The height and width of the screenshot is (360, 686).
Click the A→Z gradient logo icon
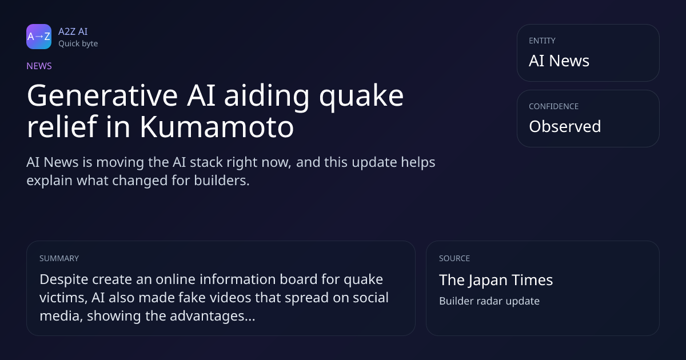[39, 37]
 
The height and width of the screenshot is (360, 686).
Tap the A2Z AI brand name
[73, 31]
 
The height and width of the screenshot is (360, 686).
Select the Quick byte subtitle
[78, 44]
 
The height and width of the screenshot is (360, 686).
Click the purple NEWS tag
[39, 66]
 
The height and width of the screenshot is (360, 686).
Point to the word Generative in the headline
[102, 95]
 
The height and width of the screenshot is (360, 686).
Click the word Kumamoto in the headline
[217, 126]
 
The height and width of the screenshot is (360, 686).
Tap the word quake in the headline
[361, 97]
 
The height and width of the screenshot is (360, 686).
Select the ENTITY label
[542, 41]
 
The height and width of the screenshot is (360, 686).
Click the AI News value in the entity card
[559, 61]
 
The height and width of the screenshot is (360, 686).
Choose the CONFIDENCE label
[554, 106]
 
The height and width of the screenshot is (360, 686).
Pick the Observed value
[565, 126]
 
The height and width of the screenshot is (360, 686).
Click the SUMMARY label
[59, 258]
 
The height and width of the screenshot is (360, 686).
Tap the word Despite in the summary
[64, 280]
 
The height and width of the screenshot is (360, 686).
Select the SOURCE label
[454, 258]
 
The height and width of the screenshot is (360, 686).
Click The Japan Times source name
[496, 280]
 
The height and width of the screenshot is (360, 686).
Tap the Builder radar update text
[489, 301]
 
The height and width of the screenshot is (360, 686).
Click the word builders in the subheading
[222, 181]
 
